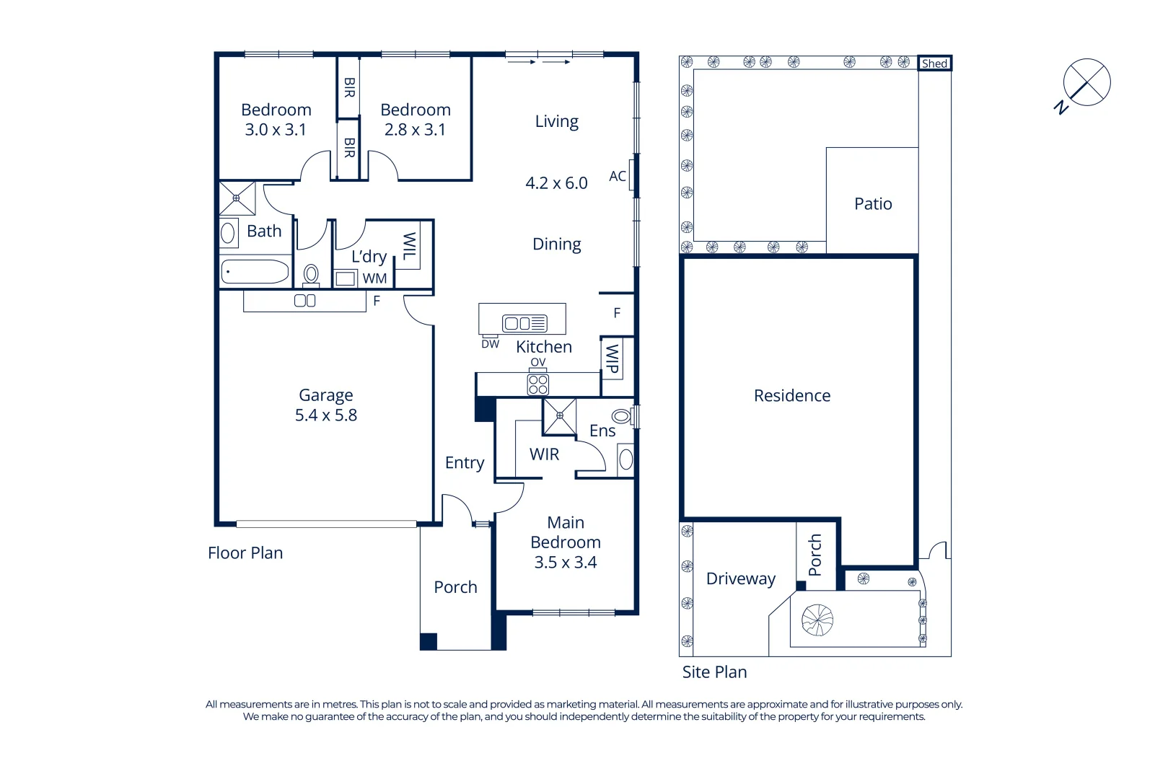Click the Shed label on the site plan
tap(934, 63)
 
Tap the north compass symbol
tap(1086, 83)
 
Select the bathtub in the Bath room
tap(255, 272)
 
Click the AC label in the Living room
tap(618, 176)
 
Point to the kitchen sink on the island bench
tap(524, 323)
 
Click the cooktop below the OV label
tap(538, 384)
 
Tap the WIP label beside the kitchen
tap(612, 358)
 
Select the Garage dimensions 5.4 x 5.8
tap(325, 415)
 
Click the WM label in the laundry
tap(374, 278)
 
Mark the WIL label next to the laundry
tap(409, 246)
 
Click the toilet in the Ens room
tap(621, 416)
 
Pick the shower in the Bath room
tap(237, 198)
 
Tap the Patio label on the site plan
tap(873, 204)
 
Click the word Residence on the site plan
tap(791, 396)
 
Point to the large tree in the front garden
tap(817, 620)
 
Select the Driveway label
tap(740, 579)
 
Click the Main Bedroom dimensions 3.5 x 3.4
tap(565, 563)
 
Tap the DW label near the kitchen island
tap(490, 344)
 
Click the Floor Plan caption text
tap(245, 553)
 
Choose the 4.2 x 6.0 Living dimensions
tap(556, 183)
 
